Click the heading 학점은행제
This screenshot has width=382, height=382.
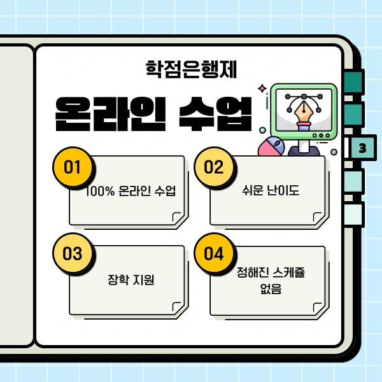tap(191, 67)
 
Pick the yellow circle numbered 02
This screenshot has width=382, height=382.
tap(214, 167)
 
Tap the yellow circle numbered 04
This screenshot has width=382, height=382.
tap(214, 253)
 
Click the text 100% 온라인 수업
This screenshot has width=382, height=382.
tap(131, 191)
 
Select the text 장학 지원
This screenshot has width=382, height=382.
tap(131, 280)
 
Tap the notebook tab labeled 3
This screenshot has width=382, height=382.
tap(362, 148)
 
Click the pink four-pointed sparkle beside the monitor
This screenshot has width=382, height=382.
tap(261, 88)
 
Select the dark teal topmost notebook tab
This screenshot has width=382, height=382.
tap(353, 81)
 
